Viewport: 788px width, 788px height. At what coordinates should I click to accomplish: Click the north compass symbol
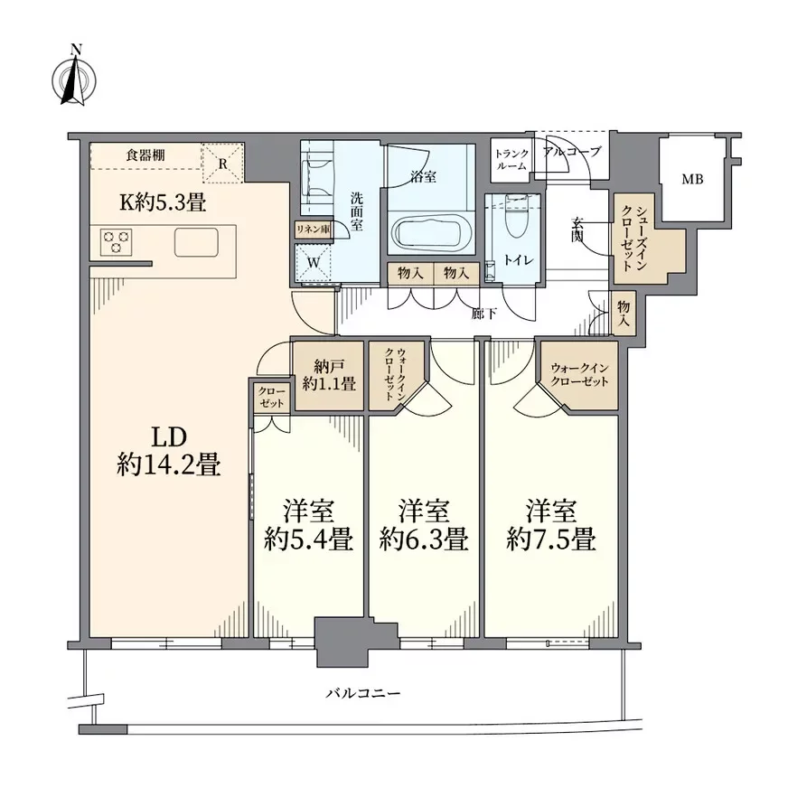(74, 77)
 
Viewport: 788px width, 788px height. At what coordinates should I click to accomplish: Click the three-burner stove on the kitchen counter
(116, 241)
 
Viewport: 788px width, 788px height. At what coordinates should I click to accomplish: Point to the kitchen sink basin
(196, 242)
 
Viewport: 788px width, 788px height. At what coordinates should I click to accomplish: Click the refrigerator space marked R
(222, 163)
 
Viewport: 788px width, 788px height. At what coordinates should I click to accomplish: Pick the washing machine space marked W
(313, 263)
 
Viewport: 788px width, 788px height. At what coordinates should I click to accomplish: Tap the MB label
(692, 179)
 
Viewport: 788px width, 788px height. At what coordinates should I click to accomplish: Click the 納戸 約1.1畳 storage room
(329, 376)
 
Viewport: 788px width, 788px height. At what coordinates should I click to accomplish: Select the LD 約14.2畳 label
(169, 451)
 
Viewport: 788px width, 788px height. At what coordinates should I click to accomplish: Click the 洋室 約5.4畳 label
(308, 525)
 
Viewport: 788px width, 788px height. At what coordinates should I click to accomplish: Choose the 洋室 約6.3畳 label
(424, 525)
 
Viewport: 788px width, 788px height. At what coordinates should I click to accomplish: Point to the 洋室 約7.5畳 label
(551, 525)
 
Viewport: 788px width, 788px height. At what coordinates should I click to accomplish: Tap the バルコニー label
(363, 694)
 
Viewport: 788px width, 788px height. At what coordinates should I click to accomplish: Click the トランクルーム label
(511, 160)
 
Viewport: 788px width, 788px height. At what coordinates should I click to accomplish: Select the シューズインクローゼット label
(633, 239)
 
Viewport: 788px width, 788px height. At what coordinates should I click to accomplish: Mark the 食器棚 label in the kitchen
(145, 155)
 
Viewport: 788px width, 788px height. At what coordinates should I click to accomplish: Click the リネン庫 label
(313, 230)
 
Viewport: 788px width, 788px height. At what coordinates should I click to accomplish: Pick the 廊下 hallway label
(484, 314)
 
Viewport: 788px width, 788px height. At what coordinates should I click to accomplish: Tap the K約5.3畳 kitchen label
(163, 202)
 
